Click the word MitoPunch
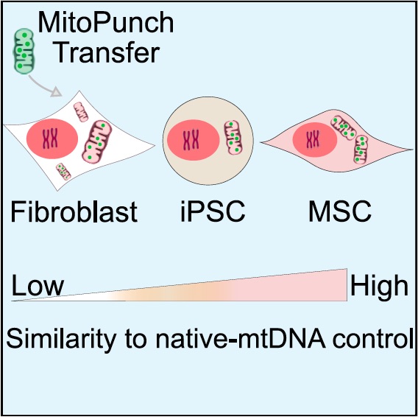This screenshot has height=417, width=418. [x=106, y=23]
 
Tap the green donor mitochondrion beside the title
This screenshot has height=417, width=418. [x=24, y=52]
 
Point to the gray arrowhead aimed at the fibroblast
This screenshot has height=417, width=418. [x=56, y=92]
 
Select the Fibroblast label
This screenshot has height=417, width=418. [x=74, y=211]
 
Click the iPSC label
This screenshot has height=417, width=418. [x=213, y=211]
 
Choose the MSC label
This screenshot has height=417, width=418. [x=340, y=211]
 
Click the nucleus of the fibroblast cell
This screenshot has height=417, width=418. [x=52, y=139]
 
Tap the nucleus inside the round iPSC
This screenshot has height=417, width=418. [x=194, y=140]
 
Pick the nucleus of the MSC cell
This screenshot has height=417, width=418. [x=314, y=140]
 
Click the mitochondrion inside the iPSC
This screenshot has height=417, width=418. [x=233, y=138]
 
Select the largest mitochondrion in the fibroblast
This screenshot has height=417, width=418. [x=96, y=141]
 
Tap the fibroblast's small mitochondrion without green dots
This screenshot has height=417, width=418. [x=80, y=112]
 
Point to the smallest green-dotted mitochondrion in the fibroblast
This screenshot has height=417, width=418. [x=63, y=172]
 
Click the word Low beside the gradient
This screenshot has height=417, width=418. [x=38, y=285]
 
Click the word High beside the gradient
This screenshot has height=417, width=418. [x=379, y=285]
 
